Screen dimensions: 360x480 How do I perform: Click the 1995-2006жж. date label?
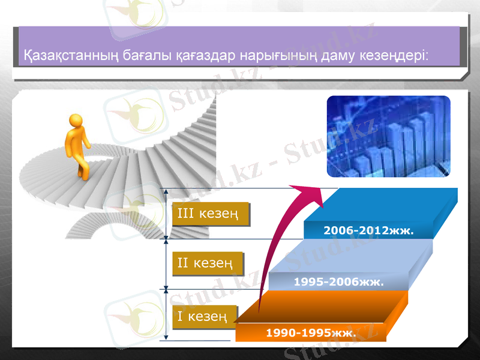pyautogui.click(x=338, y=281)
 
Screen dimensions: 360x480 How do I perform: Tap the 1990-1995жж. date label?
pyautogui.click(x=310, y=332)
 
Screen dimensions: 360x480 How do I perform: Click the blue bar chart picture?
pyautogui.click(x=388, y=136)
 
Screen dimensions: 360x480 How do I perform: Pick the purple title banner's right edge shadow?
pyautogui.click(x=463, y=48)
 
